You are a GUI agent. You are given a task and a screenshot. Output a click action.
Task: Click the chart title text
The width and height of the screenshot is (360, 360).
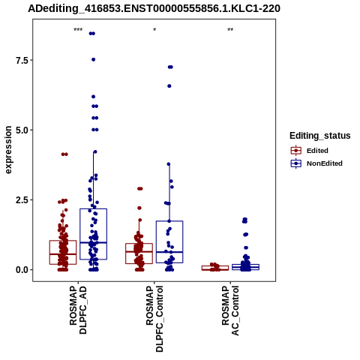click(x=154, y=8)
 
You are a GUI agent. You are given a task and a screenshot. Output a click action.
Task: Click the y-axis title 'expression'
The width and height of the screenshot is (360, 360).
click(x=8, y=150)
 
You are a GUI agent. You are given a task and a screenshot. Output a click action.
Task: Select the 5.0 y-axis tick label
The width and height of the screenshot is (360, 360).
click(x=22, y=130)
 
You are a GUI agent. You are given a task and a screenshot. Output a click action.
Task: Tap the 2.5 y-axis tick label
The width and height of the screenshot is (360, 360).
click(x=22, y=200)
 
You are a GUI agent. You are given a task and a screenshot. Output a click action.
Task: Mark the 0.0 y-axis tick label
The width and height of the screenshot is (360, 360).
click(x=22, y=270)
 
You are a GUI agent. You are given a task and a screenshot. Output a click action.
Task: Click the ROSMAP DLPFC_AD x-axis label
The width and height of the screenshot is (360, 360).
click(x=78, y=310)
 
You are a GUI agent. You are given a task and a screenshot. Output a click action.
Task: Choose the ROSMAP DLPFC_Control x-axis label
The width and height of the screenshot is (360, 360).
click(x=154, y=319)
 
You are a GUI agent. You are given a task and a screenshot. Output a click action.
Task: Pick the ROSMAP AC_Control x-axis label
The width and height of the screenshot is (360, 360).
click(x=230, y=310)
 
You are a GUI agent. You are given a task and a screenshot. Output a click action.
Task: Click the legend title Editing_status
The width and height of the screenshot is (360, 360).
click(x=320, y=136)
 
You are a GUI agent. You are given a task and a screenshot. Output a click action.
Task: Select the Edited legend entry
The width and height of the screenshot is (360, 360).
click(x=310, y=151)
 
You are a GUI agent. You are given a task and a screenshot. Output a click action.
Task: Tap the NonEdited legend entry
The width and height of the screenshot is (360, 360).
click(x=316, y=163)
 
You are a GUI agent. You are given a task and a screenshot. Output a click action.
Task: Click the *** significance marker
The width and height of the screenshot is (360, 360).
click(x=78, y=30)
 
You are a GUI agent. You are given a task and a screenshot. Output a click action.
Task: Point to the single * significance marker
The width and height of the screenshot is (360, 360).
click(x=154, y=30)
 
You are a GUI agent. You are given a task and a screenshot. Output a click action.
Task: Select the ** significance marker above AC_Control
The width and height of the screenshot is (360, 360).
click(x=230, y=30)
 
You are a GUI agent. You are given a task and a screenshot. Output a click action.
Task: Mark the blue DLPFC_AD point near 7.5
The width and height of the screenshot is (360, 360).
click(x=93, y=59)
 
